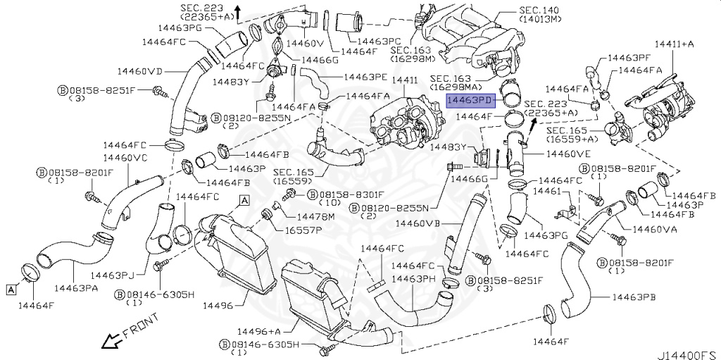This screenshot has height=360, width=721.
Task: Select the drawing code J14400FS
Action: pyautogui.click(x=686, y=350)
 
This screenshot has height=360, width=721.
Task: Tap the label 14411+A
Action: pyautogui.click(x=674, y=44)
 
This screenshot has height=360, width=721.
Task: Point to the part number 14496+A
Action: pyautogui.click(x=258, y=331)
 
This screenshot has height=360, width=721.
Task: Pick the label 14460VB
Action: pyautogui.click(x=418, y=223)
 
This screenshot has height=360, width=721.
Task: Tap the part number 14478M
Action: pyautogui.click(x=315, y=216)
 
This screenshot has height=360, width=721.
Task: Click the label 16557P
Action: pyautogui.click(x=303, y=230)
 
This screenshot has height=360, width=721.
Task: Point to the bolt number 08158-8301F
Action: pyautogui.click(x=351, y=194)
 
